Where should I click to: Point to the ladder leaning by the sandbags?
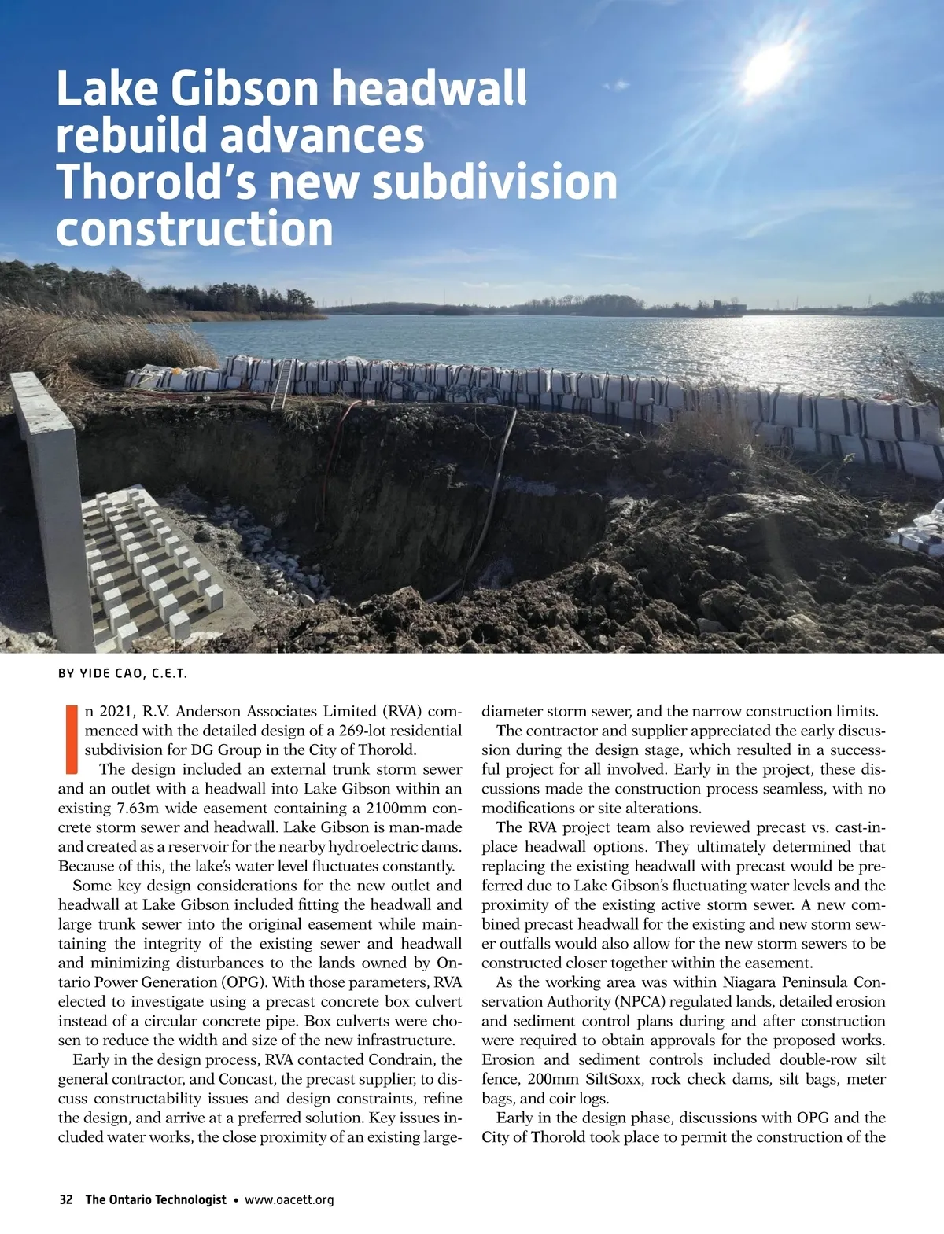pyautogui.click(x=282, y=384)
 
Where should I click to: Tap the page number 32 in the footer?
pyautogui.click(x=66, y=1200)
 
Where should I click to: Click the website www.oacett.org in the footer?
pyautogui.click(x=289, y=1200)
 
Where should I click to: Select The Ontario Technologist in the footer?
pyautogui.click(x=155, y=1200)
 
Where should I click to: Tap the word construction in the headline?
pyautogui.click(x=195, y=229)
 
